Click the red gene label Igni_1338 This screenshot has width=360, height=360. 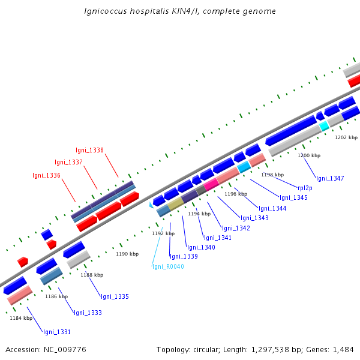point(89,150)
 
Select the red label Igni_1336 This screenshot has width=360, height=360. point(46,175)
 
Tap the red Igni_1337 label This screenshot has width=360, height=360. point(68,163)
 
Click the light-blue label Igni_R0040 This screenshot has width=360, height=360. point(168,266)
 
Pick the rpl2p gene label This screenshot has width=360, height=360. point(305,188)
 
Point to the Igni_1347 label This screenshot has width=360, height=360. point(330,178)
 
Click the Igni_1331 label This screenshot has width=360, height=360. point(57,332)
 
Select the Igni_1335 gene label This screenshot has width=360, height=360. point(115,296)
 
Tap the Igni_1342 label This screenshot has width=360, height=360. point(236,228)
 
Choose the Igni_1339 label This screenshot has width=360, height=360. point(184,256)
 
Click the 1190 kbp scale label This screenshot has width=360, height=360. point(127,254)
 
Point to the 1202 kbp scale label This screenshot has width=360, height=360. point(346,137)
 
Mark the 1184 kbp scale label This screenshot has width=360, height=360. point(21,318)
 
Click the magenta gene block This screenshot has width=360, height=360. point(211,184)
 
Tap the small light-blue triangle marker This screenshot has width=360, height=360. point(151,205)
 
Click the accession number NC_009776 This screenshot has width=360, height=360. point(65,350)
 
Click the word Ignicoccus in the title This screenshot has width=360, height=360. point(106,11)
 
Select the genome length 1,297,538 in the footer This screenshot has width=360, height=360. point(270,350)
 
